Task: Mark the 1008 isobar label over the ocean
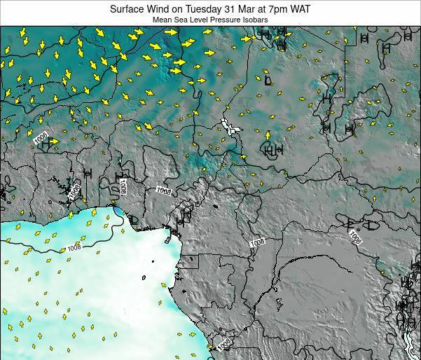pos(75,246)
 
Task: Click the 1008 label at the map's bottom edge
pos(223,345)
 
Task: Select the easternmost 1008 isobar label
pos(354,238)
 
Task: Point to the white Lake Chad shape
pos(228,126)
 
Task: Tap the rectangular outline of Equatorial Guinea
pos(189,263)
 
